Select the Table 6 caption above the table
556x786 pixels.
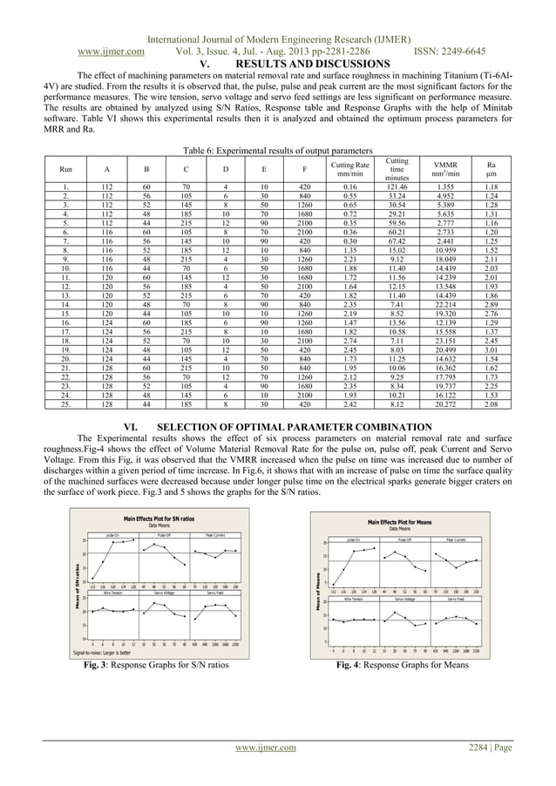pos(278,148)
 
